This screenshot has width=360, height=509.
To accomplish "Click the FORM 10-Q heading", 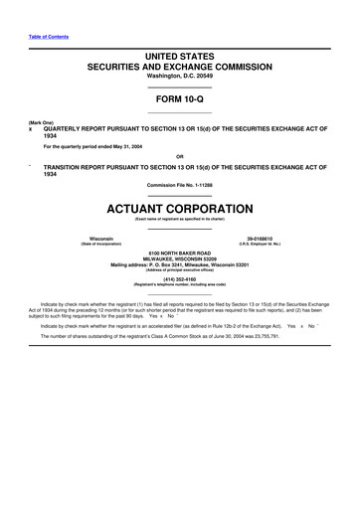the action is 179,100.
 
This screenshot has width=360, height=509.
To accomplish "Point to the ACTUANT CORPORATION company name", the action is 179,209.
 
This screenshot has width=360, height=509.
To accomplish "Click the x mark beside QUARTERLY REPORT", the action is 31,129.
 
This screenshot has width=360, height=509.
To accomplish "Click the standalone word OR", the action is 179,156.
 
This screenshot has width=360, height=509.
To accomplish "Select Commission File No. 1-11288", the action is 179,186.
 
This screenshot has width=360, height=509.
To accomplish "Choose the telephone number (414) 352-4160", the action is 179,280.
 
